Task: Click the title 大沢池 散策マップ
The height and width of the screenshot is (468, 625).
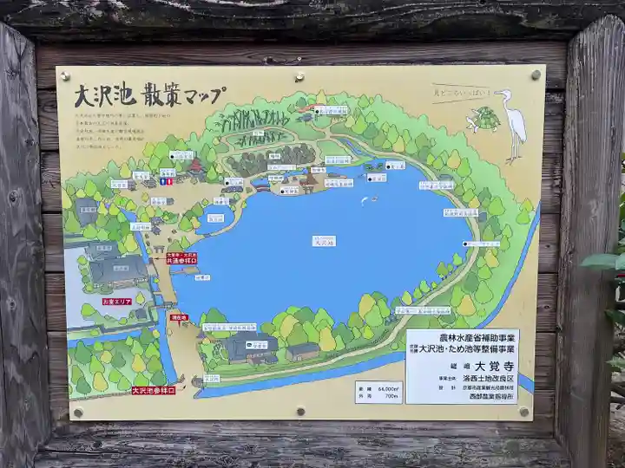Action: pyautogui.click(x=148, y=94)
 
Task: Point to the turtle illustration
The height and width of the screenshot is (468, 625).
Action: pyautogui.click(x=484, y=119)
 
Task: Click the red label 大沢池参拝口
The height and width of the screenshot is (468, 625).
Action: pyautogui.click(x=153, y=390)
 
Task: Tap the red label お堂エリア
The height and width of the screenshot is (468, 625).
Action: pyautogui.click(x=115, y=301)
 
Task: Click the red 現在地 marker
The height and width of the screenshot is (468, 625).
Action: pyautogui.click(x=179, y=318)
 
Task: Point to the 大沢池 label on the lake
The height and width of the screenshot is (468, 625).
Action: pyautogui.click(x=323, y=242)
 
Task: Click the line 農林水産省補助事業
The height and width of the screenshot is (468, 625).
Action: pyautogui.click(x=461, y=336)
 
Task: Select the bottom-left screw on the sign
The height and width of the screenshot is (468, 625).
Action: pyautogui.click(x=78, y=412)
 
